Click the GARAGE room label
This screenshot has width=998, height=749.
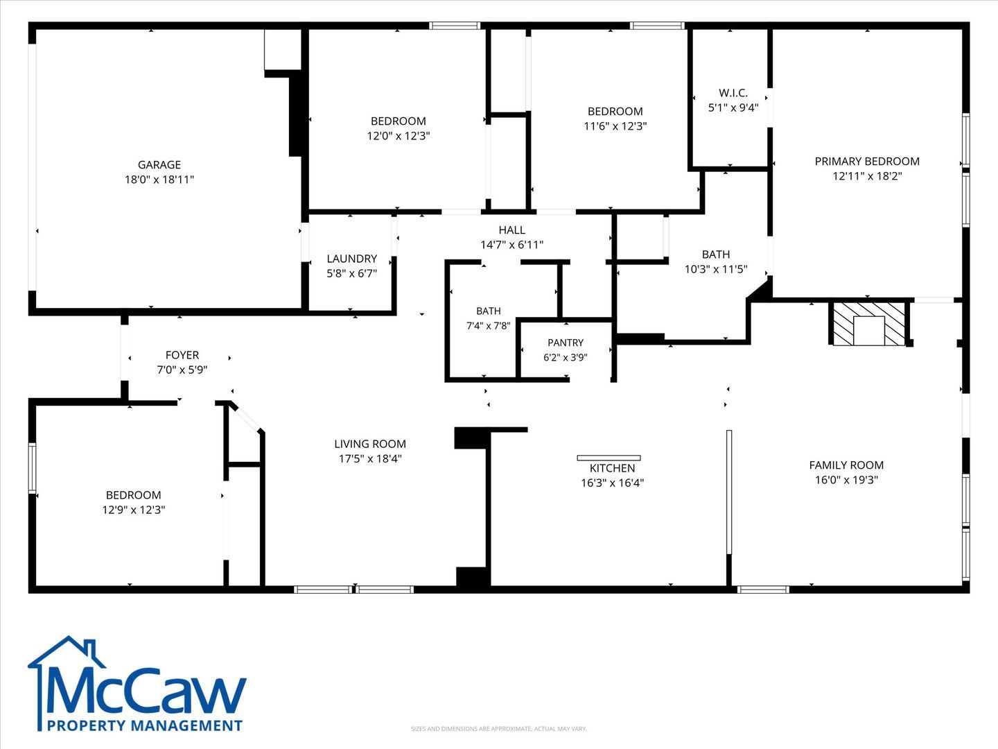coord(159,164)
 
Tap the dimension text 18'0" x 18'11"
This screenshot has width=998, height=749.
coord(159,180)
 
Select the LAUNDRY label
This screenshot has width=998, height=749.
coord(352,259)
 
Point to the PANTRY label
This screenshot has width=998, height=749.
coord(565,343)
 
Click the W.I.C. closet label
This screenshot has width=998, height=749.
coord(733,93)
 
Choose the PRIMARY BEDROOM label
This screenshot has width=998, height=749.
coord(867,162)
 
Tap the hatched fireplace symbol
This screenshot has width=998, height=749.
coord(869,324)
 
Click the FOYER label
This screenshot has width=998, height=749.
coord(182,354)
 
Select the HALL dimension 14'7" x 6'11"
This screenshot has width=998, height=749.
coord(512,245)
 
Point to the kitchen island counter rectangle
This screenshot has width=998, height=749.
coord(609,458)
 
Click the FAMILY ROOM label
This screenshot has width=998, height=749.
coord(846,465)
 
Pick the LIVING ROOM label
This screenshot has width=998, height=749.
coord(370,444)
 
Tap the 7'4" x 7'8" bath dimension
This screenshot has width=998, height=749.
coord(489,326)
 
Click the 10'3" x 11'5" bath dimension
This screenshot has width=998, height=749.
coord(716,269)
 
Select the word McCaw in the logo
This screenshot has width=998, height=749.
coord(146,691)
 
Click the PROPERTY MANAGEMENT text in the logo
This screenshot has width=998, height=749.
coord(145,726)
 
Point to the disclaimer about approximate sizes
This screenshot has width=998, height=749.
coord(499,729)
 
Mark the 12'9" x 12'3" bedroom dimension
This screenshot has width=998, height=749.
coord(134,510)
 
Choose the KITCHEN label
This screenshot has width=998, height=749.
coord(613,468)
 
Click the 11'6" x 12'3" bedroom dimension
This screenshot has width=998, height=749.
coord(615,126)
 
